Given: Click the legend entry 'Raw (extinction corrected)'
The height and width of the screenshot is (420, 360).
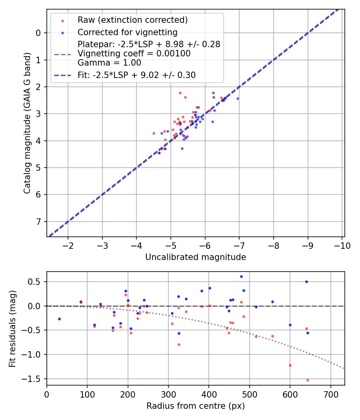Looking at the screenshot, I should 132,20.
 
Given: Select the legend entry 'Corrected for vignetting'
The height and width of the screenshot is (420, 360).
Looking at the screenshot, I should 127,32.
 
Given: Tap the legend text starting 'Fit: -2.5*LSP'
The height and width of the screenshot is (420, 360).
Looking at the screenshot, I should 136,75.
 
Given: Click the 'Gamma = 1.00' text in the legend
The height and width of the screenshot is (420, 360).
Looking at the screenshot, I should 109,62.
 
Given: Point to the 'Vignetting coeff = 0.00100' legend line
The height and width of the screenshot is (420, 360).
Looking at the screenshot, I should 134,54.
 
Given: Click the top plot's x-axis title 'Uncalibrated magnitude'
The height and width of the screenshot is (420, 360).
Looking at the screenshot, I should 196,257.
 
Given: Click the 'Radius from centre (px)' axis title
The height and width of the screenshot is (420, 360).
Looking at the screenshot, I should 196,406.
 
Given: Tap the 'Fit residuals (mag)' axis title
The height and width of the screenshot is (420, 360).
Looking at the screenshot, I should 13,328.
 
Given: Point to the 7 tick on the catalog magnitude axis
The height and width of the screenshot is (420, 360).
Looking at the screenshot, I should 38,222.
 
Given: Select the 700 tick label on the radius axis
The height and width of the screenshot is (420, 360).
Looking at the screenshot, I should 330,394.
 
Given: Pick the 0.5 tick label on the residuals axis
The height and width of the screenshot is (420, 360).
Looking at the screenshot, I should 35,282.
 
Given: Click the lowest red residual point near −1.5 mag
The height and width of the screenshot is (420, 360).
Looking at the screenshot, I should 308,380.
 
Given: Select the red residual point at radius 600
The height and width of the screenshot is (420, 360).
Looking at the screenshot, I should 290,365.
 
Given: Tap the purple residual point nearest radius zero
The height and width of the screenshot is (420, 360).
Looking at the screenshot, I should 59,319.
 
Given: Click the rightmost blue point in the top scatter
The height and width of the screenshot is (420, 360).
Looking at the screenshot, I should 238,98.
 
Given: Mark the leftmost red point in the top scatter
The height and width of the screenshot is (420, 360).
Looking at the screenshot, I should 154,133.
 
